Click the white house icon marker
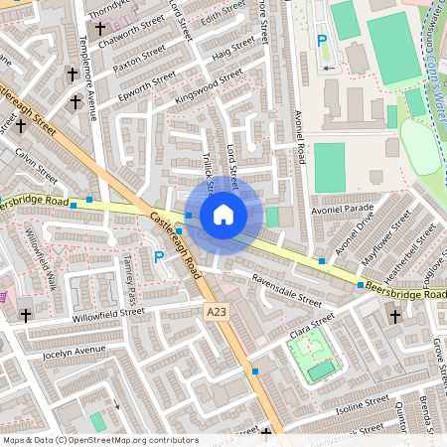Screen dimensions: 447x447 (223, 214)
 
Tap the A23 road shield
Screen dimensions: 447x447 (217, 312)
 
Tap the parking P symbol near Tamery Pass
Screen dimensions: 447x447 (159, 257)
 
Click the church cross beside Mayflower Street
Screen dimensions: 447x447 (395, 316)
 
